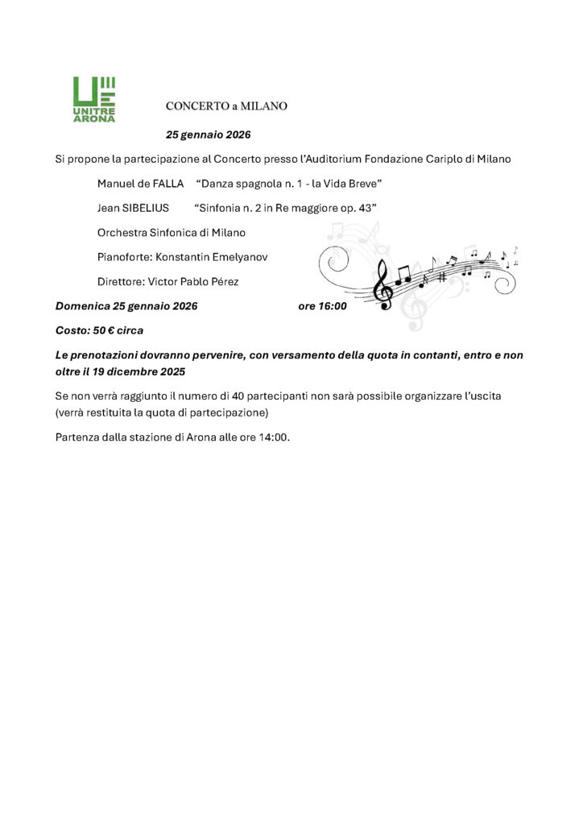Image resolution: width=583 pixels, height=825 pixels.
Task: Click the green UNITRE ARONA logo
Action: click(94, 99)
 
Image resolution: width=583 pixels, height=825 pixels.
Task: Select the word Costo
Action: click(72, 330)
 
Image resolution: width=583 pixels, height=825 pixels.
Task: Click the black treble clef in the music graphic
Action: click(385, 284)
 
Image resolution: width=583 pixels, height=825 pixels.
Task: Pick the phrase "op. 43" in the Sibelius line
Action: click(358, 208)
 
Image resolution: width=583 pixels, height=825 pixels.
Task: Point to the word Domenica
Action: click(82, 306)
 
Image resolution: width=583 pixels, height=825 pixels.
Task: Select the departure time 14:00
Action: click(272, 437)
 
